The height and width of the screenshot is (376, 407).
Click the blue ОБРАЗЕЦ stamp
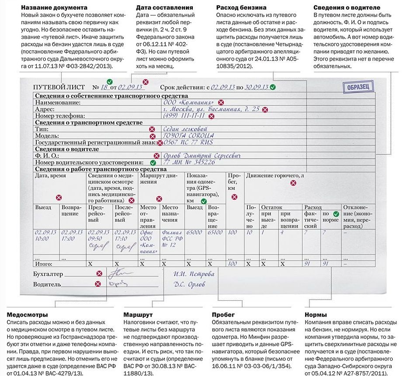[x=359, y=87]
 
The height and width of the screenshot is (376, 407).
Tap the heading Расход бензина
[x=242, y=7]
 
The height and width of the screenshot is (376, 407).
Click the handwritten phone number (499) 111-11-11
[x=184, y=116]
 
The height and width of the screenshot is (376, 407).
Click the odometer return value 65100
[x=216, y=233]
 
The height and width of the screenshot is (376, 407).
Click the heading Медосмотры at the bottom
[x=28, y=314]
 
